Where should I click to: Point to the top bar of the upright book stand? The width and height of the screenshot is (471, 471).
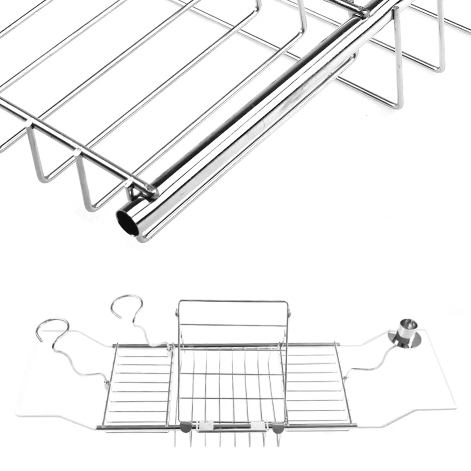coord(233,301)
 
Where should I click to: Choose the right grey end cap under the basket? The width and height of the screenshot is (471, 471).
coord(278,428)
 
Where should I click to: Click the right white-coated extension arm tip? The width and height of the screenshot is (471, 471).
coord(453,406)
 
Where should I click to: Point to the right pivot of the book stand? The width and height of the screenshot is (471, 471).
coord(289,311)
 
